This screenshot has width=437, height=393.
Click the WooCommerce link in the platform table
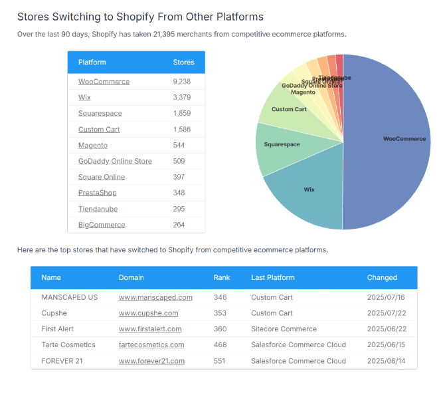coord(104,82)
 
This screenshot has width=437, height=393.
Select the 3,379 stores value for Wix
coord(182,98)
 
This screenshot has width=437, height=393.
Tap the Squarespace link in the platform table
coord(100,114)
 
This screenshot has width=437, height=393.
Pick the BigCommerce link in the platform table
coord(102,225)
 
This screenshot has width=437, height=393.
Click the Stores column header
coord(183,63)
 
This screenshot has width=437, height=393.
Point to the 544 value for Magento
coord(179,146)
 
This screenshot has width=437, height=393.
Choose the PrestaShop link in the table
coord(97,194)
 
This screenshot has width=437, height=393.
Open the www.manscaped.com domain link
coord(155,297)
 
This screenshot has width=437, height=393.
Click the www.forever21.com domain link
coord(151,361)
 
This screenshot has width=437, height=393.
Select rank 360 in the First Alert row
coord(220,329)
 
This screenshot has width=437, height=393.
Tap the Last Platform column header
coord(272,277)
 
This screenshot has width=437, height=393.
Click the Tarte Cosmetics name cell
coord(68,345)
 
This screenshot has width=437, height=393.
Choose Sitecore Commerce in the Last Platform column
coord(284,329)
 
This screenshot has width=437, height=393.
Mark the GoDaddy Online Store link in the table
coord(115,162)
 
